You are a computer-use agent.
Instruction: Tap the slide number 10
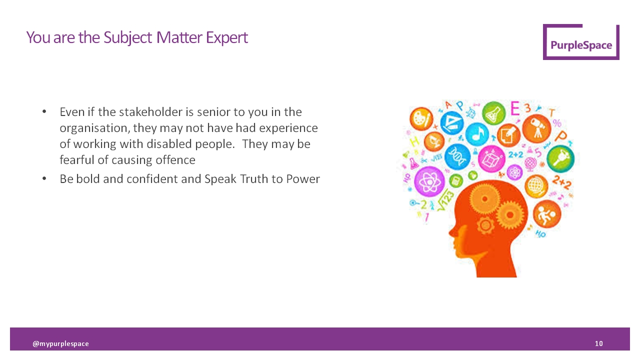[598, 343]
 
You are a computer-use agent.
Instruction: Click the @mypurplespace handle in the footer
[60, 343]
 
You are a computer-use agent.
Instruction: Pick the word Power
[303, 178]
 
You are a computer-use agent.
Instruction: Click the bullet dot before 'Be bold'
[44, 178]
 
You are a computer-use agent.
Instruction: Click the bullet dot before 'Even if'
[44, 111]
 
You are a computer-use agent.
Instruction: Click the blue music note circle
[476, 134]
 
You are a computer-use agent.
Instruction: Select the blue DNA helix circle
[457, 156]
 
